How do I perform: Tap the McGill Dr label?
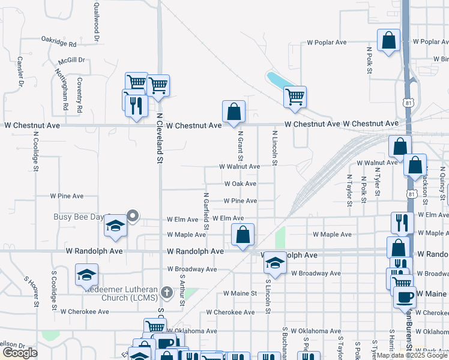[71, 61]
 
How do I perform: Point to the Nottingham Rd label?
[61, 89]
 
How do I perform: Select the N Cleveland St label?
[160, 139]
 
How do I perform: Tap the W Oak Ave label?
[240, 184]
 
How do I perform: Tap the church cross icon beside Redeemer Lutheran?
[167, 293]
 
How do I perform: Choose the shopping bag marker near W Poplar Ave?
[389, 40]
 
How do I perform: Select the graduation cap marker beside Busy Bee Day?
[114, 226]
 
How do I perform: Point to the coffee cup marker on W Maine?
[405, 296]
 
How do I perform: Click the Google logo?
[20, 353]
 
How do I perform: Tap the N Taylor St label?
[349, 190]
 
